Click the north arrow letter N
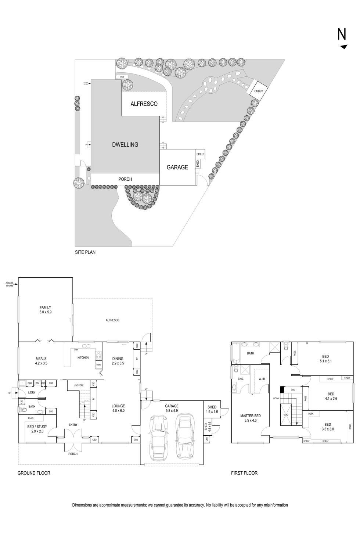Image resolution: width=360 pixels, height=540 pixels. click(342, 34)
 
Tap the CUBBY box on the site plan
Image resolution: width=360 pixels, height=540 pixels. click(259, 91)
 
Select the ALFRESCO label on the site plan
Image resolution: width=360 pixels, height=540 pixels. click(144, 104)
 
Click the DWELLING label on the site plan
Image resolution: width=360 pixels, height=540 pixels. click(125, 145)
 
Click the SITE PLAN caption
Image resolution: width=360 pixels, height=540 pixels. click(85, 252)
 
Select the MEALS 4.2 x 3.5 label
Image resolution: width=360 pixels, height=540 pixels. click(41, 361)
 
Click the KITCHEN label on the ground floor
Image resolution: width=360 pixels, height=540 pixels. click(83, 357)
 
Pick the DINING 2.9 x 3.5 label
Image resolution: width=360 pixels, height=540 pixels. click(118, 361)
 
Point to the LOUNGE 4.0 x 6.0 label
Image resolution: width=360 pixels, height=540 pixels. click(118, 408)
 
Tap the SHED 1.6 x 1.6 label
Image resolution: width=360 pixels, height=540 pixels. click(212, 409)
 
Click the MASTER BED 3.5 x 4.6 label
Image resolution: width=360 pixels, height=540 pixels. click(250, 418)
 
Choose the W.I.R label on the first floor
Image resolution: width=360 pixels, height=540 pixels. click(262, 379)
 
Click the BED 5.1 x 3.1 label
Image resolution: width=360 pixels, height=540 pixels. click(325, 359)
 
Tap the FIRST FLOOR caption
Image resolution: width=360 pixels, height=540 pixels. click(244, 473)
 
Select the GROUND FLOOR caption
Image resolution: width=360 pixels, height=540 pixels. click(34, 473)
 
